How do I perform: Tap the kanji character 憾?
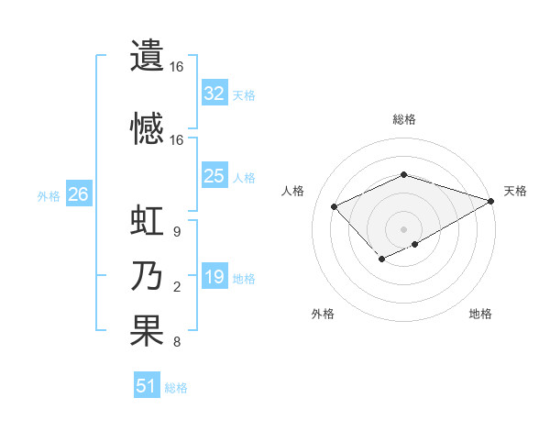146,127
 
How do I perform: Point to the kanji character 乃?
146,277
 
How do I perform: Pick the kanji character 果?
146,331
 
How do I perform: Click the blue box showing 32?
214,94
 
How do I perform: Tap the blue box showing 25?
214,176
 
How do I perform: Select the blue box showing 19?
214,277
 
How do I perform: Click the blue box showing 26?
78,194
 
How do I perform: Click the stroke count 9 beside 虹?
176,232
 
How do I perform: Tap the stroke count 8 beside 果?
176,343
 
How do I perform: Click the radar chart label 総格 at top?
404,119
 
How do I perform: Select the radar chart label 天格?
515,191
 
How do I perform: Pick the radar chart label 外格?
323,314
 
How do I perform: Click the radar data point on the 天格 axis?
491,201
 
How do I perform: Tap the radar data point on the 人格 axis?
335,206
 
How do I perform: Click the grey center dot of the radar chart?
403,228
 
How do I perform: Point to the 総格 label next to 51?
176,388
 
